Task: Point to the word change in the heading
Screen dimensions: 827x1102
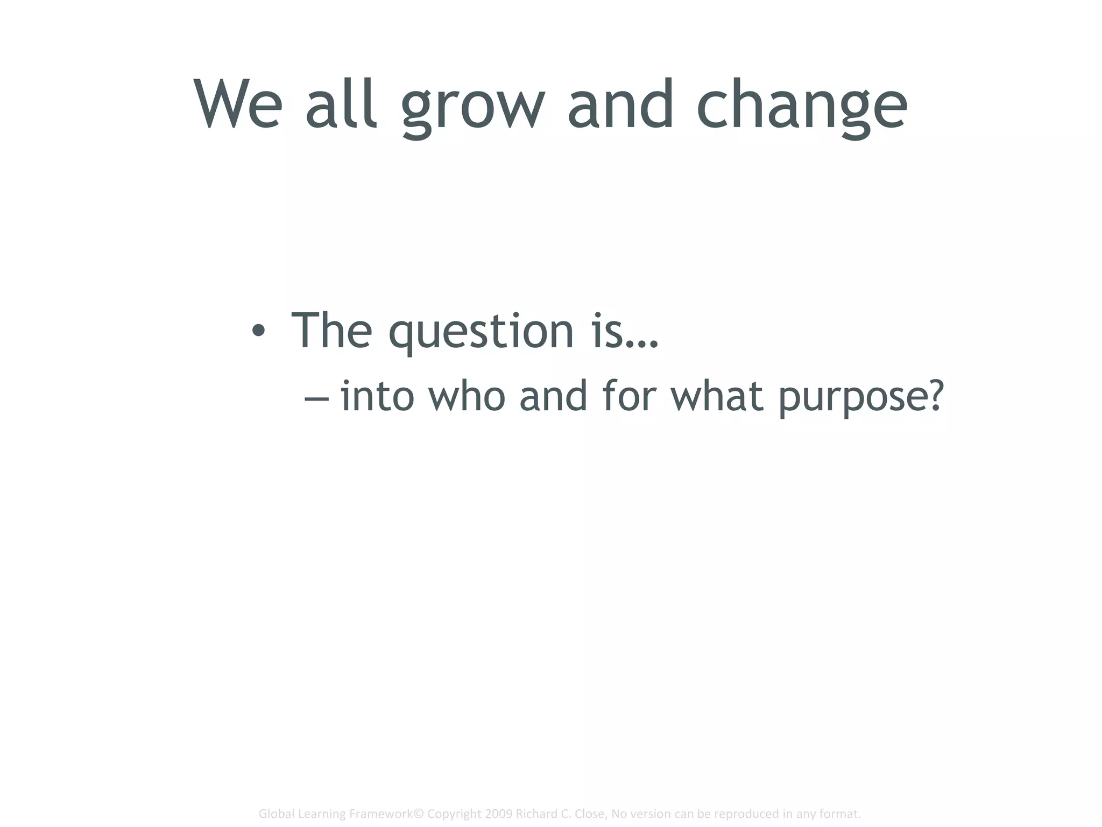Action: tap(802, 108)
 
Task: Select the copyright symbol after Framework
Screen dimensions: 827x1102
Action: tap(419, 814)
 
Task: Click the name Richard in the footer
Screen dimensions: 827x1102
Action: tap(535, 814)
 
